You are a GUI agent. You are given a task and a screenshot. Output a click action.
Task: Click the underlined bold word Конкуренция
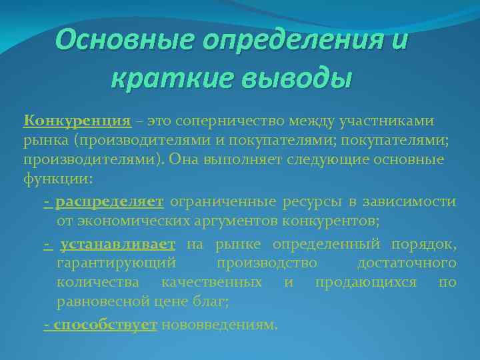(x=77, y=121)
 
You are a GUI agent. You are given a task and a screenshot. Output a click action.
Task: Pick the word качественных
(x=211, y=283)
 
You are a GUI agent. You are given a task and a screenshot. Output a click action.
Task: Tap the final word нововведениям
(x=219, y=325)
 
